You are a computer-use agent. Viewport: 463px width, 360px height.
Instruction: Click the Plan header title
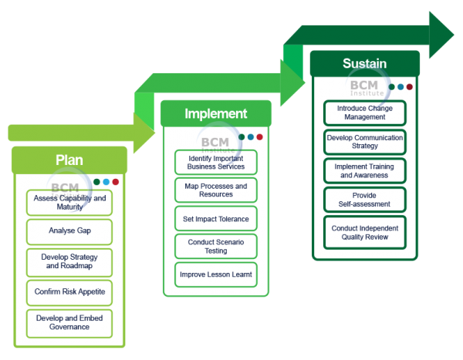coord(69,160)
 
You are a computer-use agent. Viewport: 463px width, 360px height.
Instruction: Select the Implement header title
coord(216,113)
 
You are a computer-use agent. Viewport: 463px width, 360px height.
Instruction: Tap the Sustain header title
coord(365,63)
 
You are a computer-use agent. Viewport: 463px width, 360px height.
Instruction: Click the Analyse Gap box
coord(69,232)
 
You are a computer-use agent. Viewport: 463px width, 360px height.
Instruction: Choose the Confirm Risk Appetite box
coord(69,293)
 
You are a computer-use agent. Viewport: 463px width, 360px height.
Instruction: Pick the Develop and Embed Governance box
coord(69,324)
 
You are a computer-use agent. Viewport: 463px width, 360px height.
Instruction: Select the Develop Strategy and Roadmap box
coord(69,262)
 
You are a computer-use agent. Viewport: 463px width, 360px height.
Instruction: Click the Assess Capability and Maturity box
coord(69,203)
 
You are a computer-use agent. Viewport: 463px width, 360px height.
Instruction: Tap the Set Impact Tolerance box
coord(216,219)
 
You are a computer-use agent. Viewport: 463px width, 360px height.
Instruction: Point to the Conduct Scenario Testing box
coord(216,247)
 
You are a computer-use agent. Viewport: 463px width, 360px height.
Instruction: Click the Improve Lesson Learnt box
coord(216,274)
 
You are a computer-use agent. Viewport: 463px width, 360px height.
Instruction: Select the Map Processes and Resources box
coord(216,190)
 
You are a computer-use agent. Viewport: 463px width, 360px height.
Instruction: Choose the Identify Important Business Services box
coord(216,163)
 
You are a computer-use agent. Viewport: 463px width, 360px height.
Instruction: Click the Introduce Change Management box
coord(365,113)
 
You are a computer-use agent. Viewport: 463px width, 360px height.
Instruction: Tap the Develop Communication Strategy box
coord(365,142)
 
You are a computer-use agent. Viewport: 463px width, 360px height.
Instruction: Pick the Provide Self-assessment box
coord(365,200)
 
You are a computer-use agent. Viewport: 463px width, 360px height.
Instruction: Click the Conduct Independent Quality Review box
coord(365,233)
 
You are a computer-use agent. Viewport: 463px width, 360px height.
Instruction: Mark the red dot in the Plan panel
coord(116,182)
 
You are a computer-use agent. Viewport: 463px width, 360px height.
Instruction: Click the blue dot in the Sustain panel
coord(400,87)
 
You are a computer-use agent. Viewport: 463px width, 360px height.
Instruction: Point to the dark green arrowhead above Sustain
coord(441,35)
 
